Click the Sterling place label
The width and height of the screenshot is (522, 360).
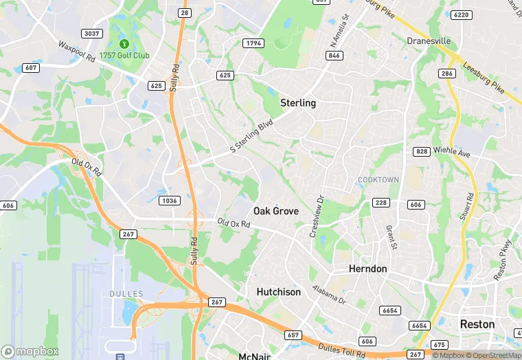(298, 103)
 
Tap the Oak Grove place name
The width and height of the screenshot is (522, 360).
(276, 211)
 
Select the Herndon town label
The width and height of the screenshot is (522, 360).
(367, 269)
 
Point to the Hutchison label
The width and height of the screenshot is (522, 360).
(278, 292)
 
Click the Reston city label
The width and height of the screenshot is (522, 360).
(477, 324)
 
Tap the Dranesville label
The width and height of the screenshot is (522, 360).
(429, 41)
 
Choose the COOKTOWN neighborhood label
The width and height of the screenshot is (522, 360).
(378, 180)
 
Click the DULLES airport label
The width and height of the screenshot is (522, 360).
(126, 294)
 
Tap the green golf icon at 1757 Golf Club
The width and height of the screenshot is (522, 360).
(124, 44)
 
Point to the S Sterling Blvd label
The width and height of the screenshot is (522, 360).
(251, 139)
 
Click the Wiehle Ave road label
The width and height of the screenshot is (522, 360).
(453, 151)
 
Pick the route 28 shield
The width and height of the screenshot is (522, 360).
(184, 12)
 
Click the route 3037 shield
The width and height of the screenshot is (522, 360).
(91, 33)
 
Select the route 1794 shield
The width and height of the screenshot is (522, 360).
(253, 44)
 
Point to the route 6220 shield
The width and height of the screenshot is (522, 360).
(462, 14)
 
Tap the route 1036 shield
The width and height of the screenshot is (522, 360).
(169, 201)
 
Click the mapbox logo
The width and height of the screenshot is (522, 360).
(30, 351)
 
